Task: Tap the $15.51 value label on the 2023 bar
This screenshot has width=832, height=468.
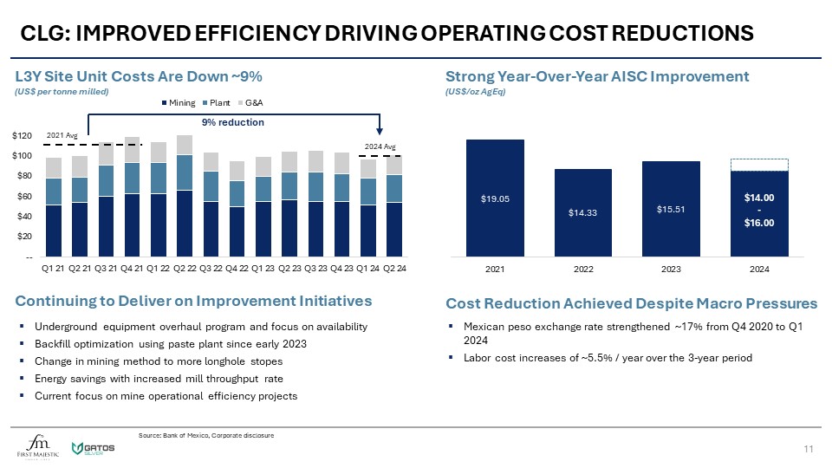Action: (x=671, y=209)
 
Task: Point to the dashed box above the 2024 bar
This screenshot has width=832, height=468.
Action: (x=759, y=165)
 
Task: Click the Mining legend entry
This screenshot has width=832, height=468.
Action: (x=179, y=103)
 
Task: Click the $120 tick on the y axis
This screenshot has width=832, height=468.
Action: (x=32, y=137)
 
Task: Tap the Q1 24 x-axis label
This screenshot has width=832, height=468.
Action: (x=371, y=268)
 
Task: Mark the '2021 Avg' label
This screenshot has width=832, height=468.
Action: (x=61, y=136)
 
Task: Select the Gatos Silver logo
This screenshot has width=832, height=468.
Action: (x=95, y=446)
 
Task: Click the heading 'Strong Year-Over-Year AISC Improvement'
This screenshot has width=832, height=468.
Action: (x=597, y=76)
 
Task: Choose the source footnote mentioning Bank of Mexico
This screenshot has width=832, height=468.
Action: (x=206, y=434)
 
